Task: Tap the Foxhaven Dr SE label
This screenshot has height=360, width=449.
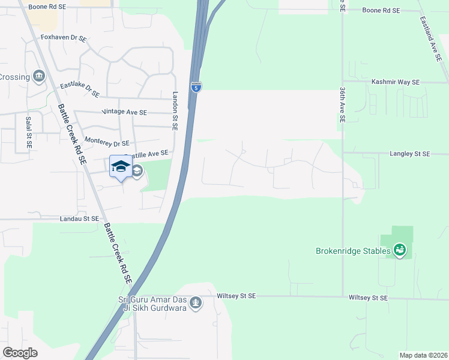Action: pos(64,38)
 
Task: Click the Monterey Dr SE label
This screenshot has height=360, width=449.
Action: pos(107,143)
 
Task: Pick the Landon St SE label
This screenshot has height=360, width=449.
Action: pos(176,107)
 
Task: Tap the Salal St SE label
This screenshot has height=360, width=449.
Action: pos(28,132)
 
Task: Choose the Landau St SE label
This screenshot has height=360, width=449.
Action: pos(79,219)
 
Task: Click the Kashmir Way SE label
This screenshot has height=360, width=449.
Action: pos(395,82)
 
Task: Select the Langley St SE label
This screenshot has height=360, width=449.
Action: pos(409,154)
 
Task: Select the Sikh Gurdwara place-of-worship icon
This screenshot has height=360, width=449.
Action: pos(195,304)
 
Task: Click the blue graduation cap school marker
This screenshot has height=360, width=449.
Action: pos(121,166)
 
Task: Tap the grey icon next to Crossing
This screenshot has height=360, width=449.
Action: pos(40,76)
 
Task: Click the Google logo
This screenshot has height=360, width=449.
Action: pos(20,352)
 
